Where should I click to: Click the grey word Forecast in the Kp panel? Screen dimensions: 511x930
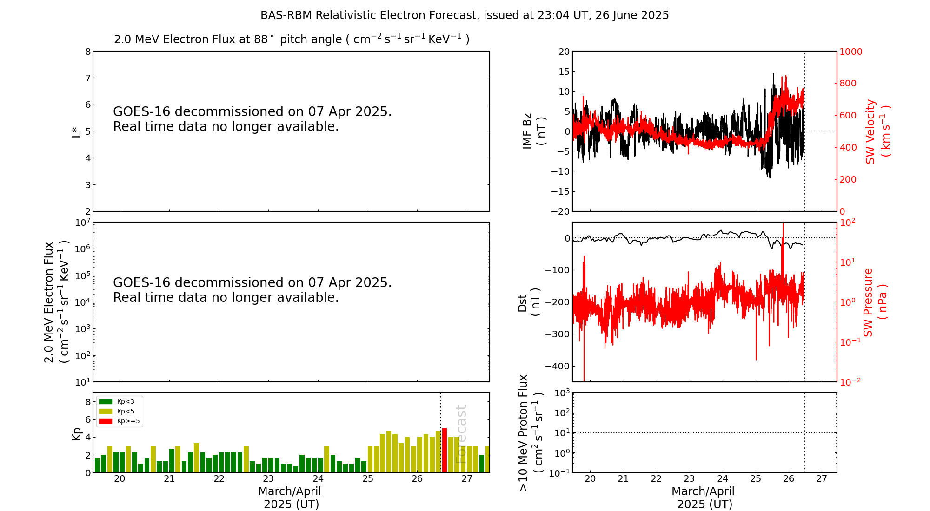pos(460,434)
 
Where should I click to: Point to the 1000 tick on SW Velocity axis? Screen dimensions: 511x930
pos(850,52)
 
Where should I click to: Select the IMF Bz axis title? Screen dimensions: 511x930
pos(534,131)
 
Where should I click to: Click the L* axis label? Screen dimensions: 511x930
pos(76,131)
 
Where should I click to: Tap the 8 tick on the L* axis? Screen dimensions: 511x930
pos(87,52)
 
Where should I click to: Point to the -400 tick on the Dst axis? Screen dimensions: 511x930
pos(557,366)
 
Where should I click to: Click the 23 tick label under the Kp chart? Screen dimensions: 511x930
pos(268,479)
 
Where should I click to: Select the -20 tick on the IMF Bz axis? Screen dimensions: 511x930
pos(559,211)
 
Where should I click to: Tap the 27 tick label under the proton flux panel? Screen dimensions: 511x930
pos(822,479)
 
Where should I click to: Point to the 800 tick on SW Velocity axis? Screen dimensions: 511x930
pos(848,84)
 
